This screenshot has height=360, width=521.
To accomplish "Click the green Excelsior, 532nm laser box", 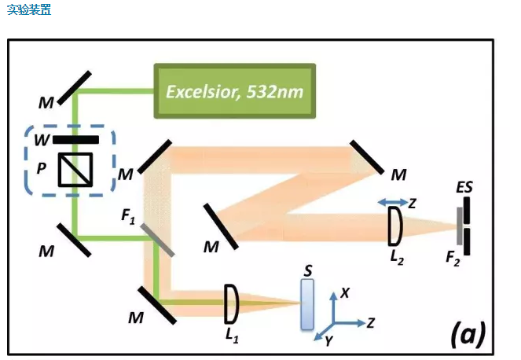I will [x=233, y=90].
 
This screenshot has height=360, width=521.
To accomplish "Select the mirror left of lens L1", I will [x=158, y=304].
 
